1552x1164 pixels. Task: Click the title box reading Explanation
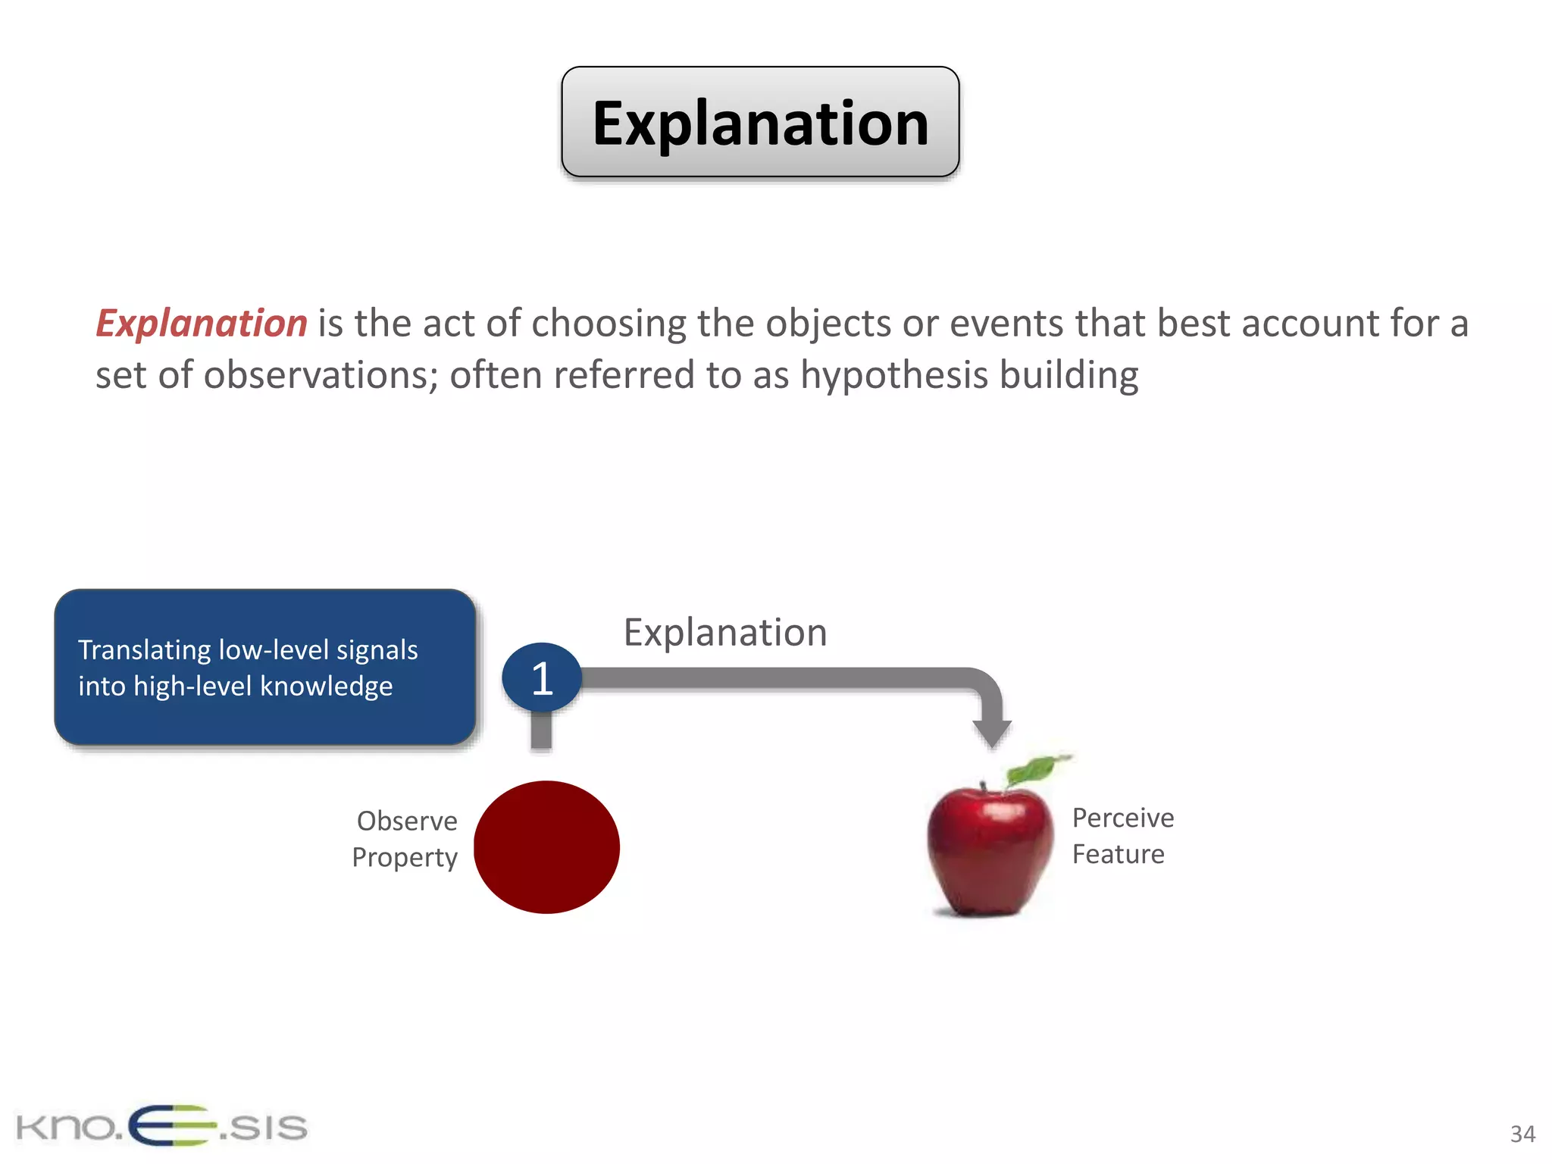[760, 122]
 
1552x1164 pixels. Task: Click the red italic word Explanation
[202, 324]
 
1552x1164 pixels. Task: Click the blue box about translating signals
[264, 667]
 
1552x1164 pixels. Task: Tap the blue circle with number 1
[541, 677]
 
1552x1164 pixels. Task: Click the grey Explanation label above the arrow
[724, 632]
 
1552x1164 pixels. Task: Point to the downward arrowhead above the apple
[991, 732]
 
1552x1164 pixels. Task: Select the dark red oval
[546, 847]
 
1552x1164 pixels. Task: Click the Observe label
[407, 821]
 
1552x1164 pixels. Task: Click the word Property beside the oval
[405, 857]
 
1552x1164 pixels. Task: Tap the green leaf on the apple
[1032, 770]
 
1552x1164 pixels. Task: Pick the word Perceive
[1122, 818]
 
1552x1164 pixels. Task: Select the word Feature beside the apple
[1118, 854]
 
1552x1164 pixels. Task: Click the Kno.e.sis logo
[161, 1125]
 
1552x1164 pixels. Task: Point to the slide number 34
[1522, 1134]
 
